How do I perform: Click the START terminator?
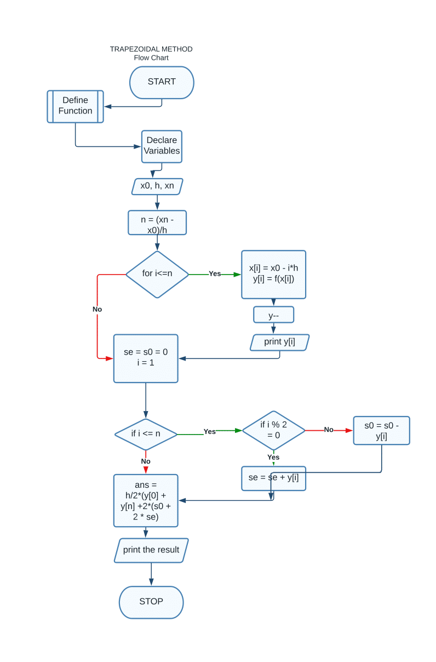(x=162, y=82)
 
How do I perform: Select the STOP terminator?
(x=151, y=602)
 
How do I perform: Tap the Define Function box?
(x=75, y=106)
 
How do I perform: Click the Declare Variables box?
(x=162, y=146)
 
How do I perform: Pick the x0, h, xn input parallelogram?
(x=157, y=186)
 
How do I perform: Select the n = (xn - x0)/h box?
(x=157, y=222)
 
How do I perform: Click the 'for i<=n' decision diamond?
(x=157, y=274)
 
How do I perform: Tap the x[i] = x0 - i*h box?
(x=273, y=274)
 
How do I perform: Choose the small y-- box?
(x=273, y=315)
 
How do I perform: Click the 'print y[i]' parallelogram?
(x=279, y=343)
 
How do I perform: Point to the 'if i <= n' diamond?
(x=146, y=434)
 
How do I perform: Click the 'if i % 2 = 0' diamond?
(x=273, y=430)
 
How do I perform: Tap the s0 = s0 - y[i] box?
(x=381, y=430)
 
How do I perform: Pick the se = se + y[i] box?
(x=273, y=478)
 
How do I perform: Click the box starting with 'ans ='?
(x=146, y=500)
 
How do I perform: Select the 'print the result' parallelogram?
(x=151, y=550)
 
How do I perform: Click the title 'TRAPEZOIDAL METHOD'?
(x=151, y=49)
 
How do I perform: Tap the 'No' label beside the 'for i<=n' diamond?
(x=97, y=309)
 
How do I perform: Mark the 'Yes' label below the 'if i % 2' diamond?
(x=273, y=457)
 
